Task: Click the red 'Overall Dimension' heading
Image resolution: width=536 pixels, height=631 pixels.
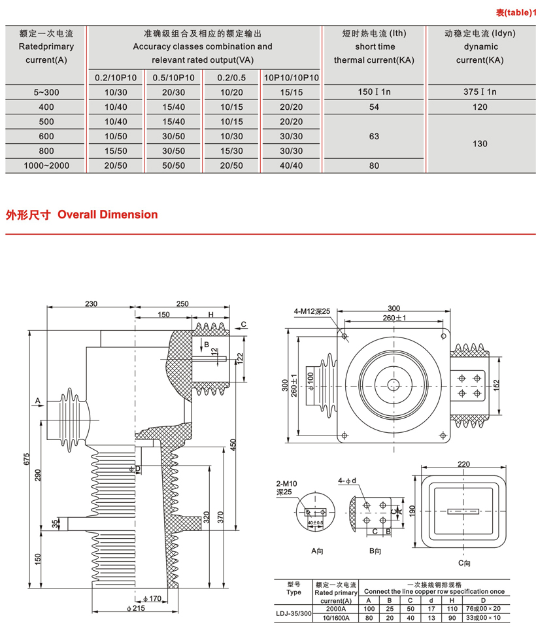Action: point(108,214)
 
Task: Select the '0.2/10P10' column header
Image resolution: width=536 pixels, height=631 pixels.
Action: point(116,78)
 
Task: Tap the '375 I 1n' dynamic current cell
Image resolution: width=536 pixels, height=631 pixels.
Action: point(480,92)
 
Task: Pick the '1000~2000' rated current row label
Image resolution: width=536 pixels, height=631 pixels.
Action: point(46,166)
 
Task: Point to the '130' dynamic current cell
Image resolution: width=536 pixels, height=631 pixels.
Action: point(480,144)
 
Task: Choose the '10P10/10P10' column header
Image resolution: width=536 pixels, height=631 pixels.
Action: point(292,78)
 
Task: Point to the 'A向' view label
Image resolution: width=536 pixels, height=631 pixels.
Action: point(318,551)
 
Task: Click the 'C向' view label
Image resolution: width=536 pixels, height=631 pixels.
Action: point(464,562)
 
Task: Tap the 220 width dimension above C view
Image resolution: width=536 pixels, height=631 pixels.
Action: point(464,464)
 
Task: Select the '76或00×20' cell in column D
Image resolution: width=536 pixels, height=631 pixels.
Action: point(483,608)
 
